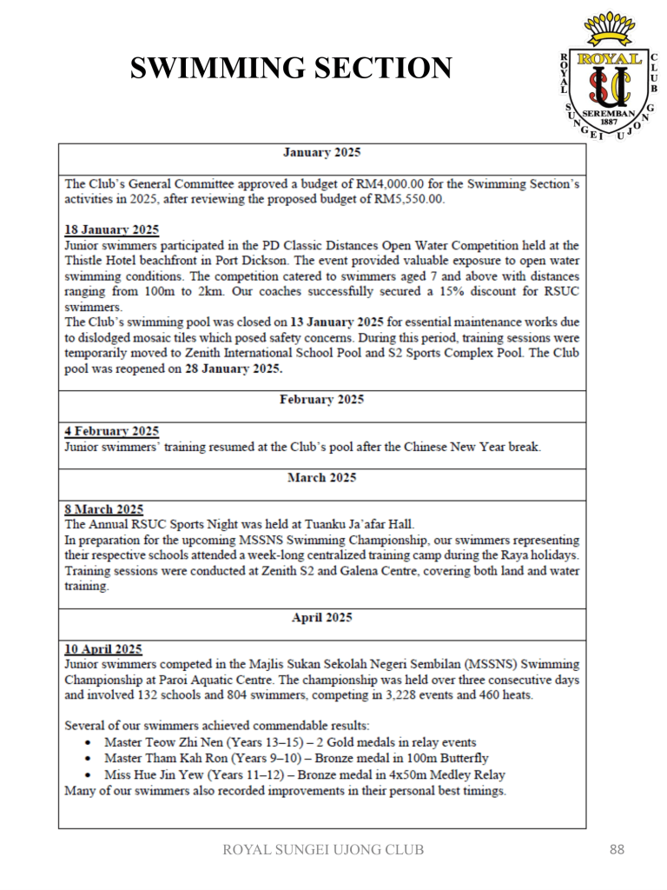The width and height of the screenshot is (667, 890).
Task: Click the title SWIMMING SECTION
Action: (x=291, y=68)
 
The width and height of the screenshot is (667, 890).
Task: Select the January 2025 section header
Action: (x=322, y=152)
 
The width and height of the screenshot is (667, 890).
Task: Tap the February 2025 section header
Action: (x=322, y=400)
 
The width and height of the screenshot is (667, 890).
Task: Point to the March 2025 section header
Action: (x=322, y=477)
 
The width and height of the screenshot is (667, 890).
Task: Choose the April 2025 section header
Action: (x=322, y=618)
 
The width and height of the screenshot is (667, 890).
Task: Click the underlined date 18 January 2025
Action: (x=112, y=230)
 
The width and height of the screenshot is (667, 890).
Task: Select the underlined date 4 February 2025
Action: (x=112, y=432)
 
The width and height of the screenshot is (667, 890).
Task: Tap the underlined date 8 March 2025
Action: (x=105, y=508)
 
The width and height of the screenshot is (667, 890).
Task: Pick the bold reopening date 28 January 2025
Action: (x=230, y=368)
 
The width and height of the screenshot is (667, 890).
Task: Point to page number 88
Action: (x=616, y=849)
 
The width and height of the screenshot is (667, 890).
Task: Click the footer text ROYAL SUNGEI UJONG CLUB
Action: (x=324, y=849)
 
